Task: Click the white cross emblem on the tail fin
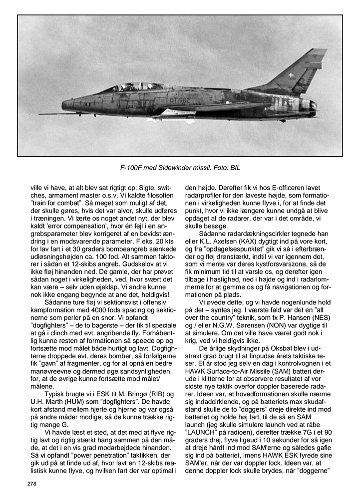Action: click(x=291, y=75)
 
